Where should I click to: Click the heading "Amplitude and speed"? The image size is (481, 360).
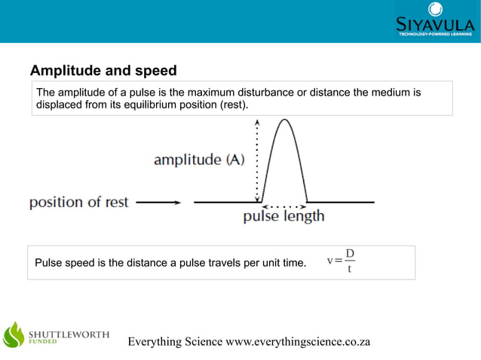pyautogui.click(x=103, y=71)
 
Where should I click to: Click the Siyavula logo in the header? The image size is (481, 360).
pyautogui.click(x=436, y=21)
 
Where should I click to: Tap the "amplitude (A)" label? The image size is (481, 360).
pyautogui.click(x=199, y=160)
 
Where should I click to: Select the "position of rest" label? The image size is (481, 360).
pyautogui.click(x=79, y=202)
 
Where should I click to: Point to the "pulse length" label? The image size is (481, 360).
pyautogui.click(x=283, y=217)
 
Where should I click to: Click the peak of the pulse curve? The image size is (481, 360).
pyautogui.click(x=283, y=121)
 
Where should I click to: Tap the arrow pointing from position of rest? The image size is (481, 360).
pyautogui.click(x=158, y=202)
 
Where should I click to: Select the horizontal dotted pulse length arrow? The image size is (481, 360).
pyautogui.click(x=283, y=205)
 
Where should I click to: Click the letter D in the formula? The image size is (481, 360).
pyautogui.click(x=350, y=253)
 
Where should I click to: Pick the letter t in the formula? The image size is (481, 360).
pyautogui.click(x=350, y=270)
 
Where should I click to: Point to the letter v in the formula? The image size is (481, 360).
pyautogui.click(x=329, y=261)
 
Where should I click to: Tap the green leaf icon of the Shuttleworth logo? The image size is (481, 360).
pyautogui.click(x=14, y=335)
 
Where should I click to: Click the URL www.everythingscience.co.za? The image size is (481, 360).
pyautogui.click(x=298, y=341)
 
